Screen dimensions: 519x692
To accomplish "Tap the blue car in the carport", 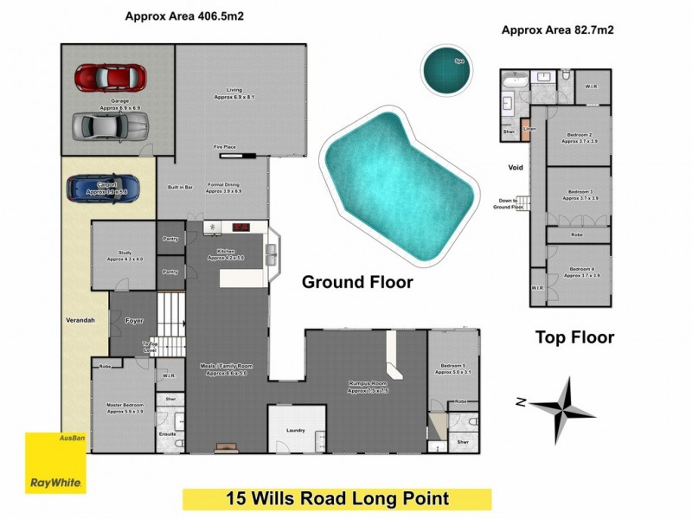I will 106,187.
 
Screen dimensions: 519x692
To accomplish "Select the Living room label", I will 234,93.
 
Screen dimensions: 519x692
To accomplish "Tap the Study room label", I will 125,255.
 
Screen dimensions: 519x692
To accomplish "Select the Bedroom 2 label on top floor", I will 579,137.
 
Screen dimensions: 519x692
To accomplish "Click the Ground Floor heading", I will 356,282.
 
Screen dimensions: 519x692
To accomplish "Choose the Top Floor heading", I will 574,337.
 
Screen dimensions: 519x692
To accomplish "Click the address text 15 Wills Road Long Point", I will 336,499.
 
